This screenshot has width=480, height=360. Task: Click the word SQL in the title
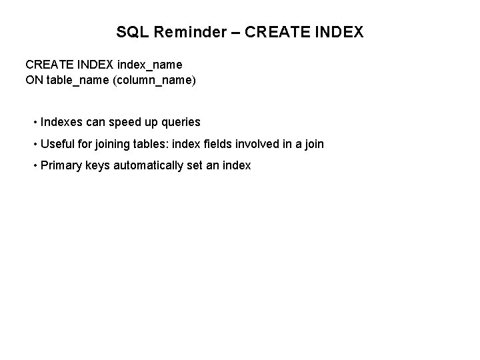coord(131,32)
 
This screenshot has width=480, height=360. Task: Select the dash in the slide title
coord(237,32)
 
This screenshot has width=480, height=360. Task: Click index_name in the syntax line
coord(149,65)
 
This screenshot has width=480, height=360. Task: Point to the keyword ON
coord(33,81)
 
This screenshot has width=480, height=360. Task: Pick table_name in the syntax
coord(73,81)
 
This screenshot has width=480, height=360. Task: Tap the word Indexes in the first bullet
coord(62,122)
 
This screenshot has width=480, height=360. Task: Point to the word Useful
coord(58,143)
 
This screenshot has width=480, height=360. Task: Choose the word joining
coord(117,143)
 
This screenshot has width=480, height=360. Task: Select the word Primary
coord(63,165)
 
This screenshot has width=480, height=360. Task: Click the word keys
coord(98,165)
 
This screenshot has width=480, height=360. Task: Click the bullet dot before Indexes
coord(35,123)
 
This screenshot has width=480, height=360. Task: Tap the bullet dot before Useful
coord(35,144)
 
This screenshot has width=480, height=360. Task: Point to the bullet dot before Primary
coord(35,165)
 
